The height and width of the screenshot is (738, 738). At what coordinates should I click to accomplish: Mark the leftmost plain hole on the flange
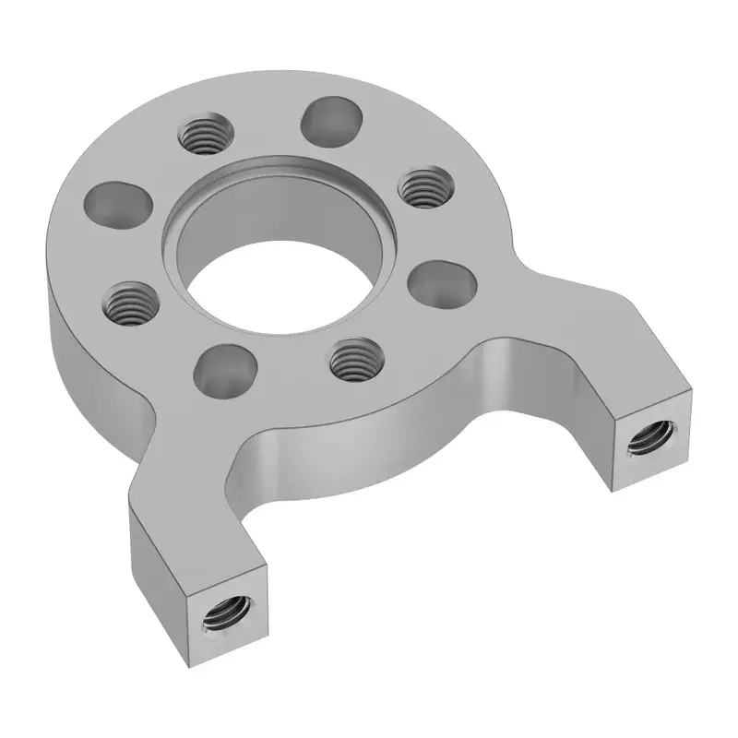click(x=117, y=202)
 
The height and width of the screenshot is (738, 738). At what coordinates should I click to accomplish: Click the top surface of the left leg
click(x=184, y=517)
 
